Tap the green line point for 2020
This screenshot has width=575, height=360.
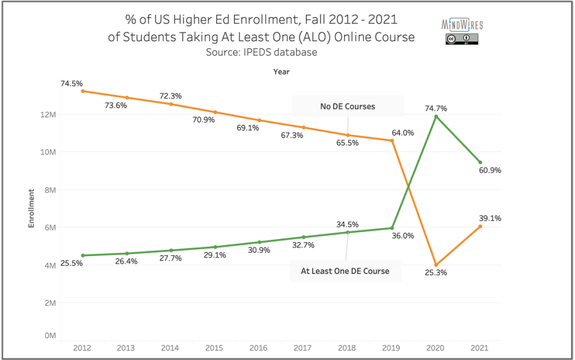436,116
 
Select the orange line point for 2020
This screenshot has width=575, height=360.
436,265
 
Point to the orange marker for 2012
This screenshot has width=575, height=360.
83,91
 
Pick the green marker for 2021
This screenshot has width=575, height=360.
480,162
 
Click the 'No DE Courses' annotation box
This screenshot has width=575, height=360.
348,106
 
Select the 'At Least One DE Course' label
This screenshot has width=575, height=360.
345,271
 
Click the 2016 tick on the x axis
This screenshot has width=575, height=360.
259,348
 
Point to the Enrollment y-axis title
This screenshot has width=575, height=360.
32,208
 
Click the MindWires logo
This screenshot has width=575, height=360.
462,25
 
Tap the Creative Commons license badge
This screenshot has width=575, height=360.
462,39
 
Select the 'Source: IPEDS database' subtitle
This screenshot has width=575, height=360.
261,52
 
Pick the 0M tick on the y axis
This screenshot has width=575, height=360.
50,335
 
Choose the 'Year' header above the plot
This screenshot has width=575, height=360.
281,71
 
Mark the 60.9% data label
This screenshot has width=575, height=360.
489,170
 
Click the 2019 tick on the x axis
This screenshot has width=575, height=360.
391,348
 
